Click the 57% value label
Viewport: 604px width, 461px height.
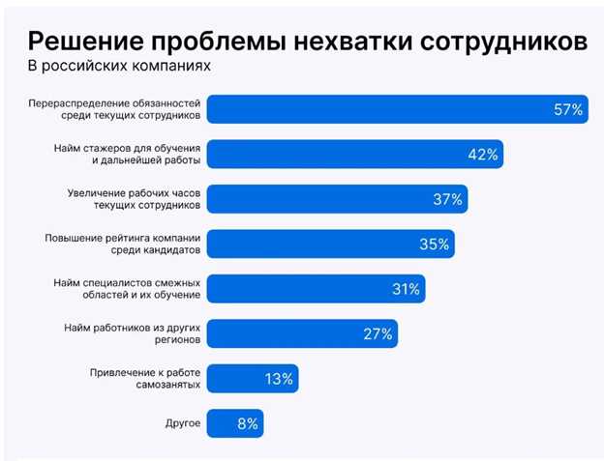(x=567, y=110)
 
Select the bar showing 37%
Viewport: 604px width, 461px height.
(x=339, y=199)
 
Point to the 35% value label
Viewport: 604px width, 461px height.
(x=434, y=245)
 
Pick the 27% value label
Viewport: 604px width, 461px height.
(x=377, y=334)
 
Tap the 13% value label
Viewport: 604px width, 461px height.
(x=279, y=379)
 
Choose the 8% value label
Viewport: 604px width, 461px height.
(x=246, y=423)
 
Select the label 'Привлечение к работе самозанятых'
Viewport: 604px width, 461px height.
(x=145, y=378)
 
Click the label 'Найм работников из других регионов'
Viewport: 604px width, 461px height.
(x=133, y=333)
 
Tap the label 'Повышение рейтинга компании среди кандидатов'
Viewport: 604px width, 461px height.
(x=123, y=244)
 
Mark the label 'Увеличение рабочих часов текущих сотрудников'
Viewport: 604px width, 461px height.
(x=134, y=199)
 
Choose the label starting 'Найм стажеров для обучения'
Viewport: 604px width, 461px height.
(x=127, y=155)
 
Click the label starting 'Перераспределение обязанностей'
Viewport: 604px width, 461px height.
(x=115, y=109)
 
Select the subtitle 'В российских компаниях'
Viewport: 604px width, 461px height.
(x=118, y=68)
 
